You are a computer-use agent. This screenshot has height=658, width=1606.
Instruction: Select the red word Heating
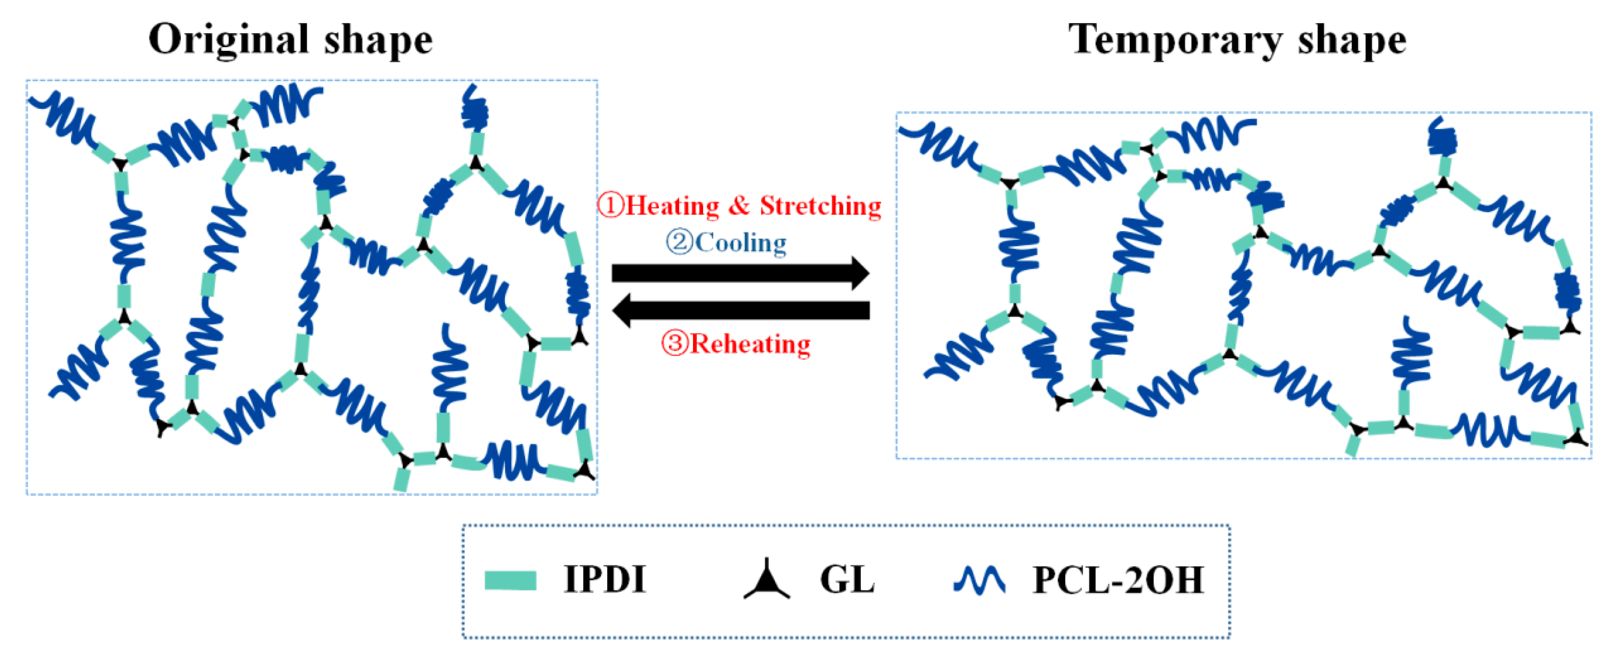click(x=673, y=206)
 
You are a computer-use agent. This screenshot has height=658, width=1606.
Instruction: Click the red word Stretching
click(x=820, y=206)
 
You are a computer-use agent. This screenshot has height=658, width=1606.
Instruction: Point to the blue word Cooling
click(x=741, y=242)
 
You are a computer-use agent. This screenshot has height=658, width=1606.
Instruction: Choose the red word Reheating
click(x=751, y=344)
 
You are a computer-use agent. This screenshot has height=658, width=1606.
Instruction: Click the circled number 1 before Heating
click(x=610, y=205)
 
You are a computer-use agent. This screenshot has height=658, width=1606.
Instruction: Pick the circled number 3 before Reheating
click(x=674, y=343)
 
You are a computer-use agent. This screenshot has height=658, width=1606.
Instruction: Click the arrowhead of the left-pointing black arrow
click(x=621, y=310)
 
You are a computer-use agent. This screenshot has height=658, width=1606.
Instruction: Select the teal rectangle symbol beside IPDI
click(x=510, y=580)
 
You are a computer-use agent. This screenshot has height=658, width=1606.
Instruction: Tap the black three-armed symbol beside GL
click(x=767, y=580)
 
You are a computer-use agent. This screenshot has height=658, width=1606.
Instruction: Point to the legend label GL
click(x=847, y=580)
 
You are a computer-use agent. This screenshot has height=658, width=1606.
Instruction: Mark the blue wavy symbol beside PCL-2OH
click(x=979, y=580)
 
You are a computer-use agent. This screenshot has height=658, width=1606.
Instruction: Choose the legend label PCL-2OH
click(x=1118, y=580)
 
